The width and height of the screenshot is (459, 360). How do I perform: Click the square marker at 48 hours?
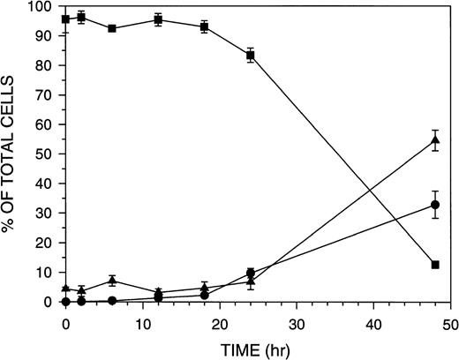point(435,265)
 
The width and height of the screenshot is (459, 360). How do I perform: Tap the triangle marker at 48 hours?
point(435,140)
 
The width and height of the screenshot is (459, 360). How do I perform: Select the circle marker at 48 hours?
point(435,205)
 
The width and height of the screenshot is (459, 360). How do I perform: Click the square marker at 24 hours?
point(251,56)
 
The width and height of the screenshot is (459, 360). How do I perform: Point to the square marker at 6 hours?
point(112,28)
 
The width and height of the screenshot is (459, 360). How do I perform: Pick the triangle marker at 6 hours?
point(112,281)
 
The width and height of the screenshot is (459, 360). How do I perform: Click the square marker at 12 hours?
point(158,19)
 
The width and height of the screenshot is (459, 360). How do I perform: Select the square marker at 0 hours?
point(66,19)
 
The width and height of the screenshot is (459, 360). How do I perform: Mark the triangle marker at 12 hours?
point(158,292)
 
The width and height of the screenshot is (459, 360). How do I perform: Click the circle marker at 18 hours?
point(204,296)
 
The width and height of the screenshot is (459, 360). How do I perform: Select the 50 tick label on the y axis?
point(46,154)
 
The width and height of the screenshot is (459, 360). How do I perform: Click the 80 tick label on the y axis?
point(46,66)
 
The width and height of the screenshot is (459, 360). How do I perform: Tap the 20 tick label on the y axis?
point(46,244)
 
